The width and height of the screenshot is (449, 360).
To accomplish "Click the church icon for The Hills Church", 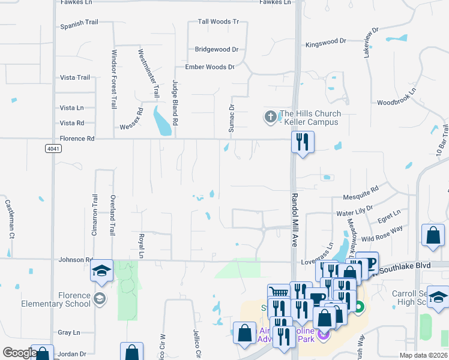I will pos(271,116).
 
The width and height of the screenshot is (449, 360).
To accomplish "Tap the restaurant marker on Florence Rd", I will pos(302,143).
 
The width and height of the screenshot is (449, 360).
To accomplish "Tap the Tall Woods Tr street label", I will pos(218,22).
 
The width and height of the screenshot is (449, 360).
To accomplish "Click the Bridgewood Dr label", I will pos(217,49).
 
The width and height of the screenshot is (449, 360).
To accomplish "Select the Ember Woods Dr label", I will pos(209,67).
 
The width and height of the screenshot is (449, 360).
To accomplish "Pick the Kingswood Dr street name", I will pos(326,42).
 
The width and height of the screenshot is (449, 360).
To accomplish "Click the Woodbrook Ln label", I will pos(396,103).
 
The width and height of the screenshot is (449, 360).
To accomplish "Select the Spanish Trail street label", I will pos(79,26).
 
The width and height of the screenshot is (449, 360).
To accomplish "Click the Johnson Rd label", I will pos(76,260).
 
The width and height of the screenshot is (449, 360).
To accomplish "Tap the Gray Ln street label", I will pos(69,332).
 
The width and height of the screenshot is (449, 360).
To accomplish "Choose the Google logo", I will pos(19,353).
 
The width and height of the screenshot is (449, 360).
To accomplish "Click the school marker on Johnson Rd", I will pos(102,271).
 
